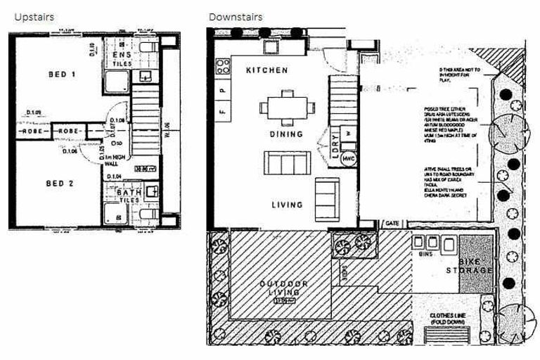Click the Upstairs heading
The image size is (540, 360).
34,16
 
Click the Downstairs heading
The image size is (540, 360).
236,16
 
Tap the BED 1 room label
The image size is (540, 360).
62,75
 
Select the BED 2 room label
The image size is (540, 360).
61,184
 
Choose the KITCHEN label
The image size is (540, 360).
266,71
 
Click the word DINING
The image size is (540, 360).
285,134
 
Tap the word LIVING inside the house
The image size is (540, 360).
286,205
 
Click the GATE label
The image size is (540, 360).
392,224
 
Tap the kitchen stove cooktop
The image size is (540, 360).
223,67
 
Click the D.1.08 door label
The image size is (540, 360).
117,121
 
